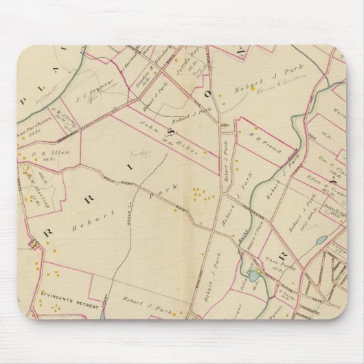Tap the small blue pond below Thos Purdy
254,275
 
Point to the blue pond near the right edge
321,240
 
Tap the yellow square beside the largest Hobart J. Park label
253,88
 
